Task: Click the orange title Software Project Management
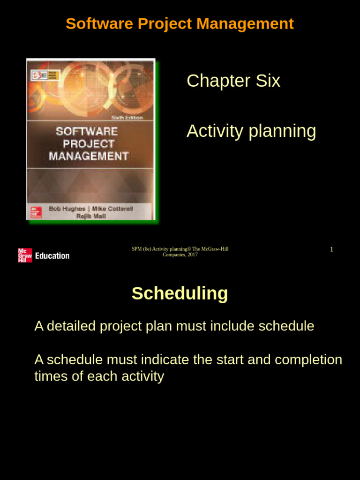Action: (180, 23)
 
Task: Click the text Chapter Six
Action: (233, 81)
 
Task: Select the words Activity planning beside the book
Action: (251, 131)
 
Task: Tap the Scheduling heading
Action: (180, 293)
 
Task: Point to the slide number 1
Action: (331, 249)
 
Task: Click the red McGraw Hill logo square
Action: (25, 255)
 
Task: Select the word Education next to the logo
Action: (52, 255)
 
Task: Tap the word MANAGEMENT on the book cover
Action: (89, 156)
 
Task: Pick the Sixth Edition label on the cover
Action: (127, 117)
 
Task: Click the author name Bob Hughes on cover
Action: (67, 209)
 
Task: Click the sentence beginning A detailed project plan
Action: (174, 326)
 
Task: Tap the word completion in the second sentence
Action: (308, 360)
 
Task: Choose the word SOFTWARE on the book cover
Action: (87, 131)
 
